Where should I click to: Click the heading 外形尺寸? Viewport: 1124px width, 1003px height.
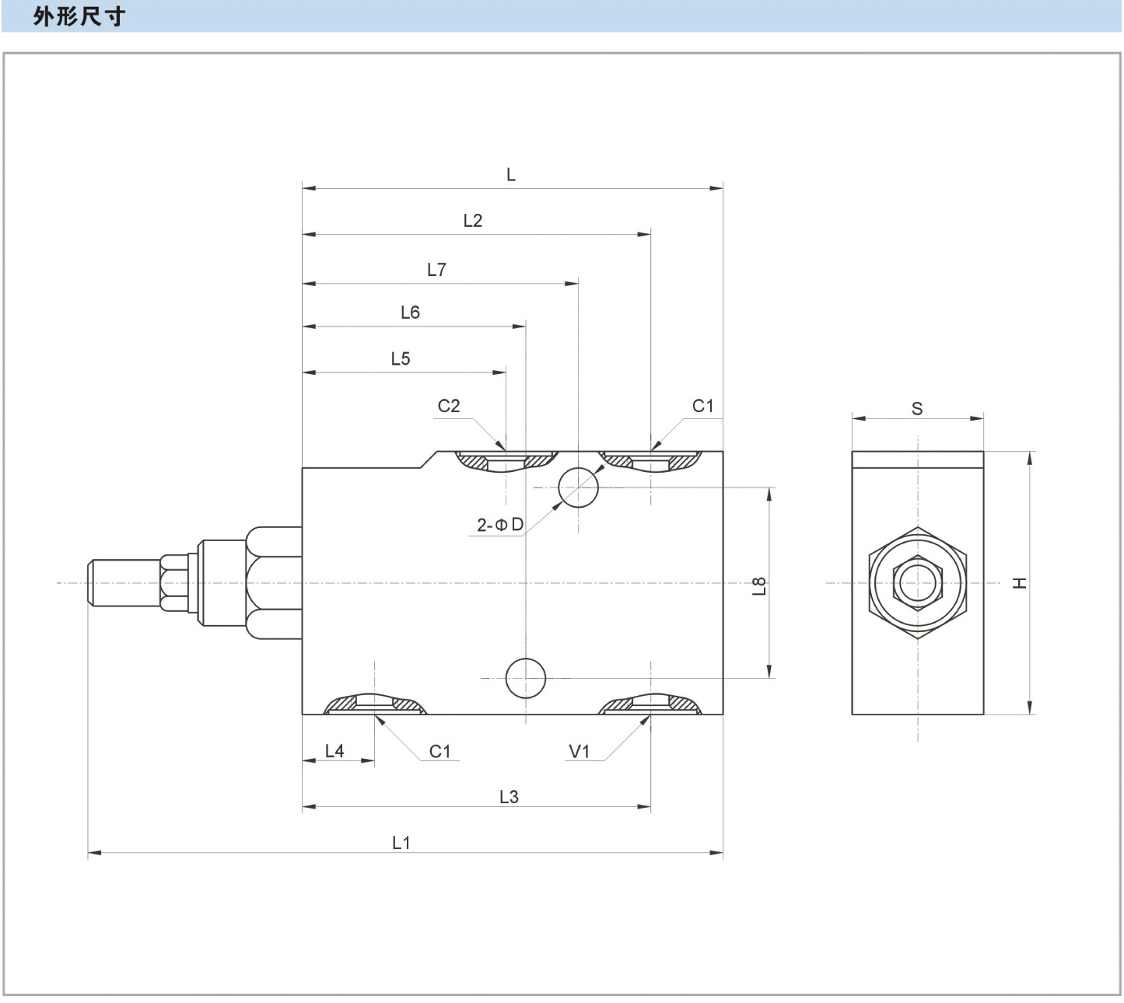coord(79,16)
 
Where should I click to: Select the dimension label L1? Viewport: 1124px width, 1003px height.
coord(401,842)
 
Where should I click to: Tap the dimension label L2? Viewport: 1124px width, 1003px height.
coord(473,221)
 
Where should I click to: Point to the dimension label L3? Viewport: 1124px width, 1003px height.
coord(509,797)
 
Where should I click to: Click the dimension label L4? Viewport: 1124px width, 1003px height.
coord(334,751)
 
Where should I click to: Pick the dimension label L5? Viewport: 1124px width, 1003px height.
coord(401,358)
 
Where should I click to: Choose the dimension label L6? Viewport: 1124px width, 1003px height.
coord(410,313)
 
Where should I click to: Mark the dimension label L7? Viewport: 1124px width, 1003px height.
coord(437,270)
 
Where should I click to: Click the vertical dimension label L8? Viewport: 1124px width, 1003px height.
coord(760,585)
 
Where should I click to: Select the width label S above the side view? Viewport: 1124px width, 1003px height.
coord(917,409)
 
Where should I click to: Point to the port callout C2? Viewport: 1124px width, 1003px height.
coord(449,406)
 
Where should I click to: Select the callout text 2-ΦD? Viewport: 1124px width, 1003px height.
coord(500,525)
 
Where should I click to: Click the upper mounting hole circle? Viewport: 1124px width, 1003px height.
coord(579,488)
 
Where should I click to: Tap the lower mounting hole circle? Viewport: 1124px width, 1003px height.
coord(526,678)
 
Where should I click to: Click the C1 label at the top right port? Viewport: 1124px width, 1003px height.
coord(702,406)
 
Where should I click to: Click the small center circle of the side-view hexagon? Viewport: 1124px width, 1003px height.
coord(918,582)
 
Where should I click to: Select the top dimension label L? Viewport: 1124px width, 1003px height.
coord(511,175)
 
